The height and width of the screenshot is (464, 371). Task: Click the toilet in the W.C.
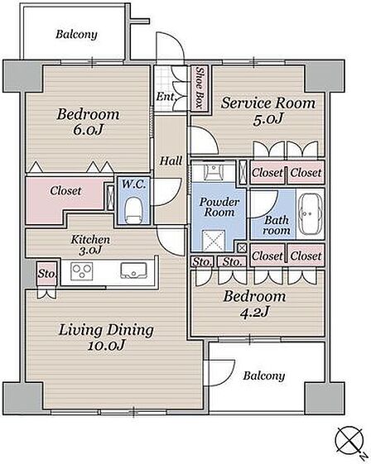[133, 210]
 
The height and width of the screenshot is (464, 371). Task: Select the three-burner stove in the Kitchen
[82, 271]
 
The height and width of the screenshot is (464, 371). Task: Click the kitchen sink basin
[133, 270]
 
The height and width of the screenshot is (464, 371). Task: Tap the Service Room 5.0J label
[268, 111]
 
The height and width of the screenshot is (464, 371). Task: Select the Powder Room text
[219, 207]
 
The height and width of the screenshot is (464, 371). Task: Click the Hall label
[171, 161]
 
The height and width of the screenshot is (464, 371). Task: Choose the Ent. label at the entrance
[166, 97]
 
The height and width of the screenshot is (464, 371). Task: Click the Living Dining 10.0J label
[106, 337]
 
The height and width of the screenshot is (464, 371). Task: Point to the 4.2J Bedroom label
[254, 304]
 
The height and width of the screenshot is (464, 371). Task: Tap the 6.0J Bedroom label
[88, 122]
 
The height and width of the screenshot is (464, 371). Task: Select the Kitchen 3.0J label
[90, 245]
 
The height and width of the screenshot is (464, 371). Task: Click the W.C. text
[133, 184]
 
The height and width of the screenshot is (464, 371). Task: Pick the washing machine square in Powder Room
[214, 240]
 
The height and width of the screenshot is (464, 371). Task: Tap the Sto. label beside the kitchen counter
[47, 274]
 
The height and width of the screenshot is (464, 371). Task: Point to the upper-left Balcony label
[76, 35]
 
